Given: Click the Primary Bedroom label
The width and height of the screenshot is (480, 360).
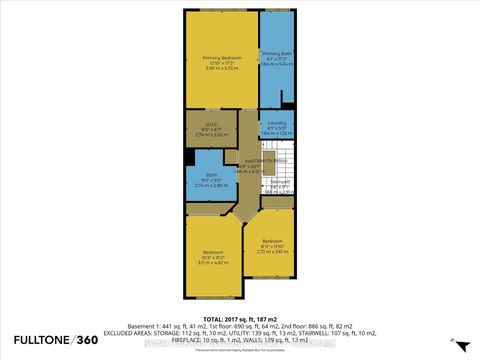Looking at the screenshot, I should [220, 56].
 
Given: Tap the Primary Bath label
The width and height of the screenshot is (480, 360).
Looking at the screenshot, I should [276, 52].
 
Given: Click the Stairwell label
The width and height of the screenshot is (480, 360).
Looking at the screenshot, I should [278, 181].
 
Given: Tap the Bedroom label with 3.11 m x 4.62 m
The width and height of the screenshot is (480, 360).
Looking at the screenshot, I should [213, 252].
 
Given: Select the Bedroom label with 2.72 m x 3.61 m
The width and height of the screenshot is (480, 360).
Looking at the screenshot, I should [275, 241].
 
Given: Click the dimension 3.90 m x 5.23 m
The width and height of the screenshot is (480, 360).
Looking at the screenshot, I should [220, 69].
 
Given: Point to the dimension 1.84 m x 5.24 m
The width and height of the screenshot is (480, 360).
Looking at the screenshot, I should [276, 64].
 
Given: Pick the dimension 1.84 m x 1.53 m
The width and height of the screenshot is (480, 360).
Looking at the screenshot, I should [276, 133].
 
